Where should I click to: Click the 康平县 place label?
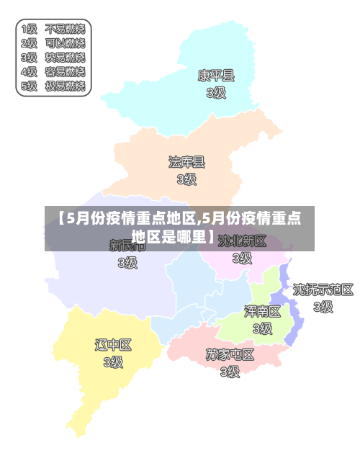(216, 75)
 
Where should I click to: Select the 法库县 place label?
(186, 162)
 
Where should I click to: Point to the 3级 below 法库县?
(186, 179)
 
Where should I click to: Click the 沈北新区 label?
(243, 241)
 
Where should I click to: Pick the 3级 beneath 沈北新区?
(243, 257)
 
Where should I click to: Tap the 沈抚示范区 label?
(323, 289)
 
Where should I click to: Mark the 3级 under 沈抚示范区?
(323, 307)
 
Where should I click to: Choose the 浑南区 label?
(262, 311)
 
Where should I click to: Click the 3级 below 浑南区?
(262, 328)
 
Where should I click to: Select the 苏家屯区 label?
(230, 354)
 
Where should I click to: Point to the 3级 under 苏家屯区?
(230, 372)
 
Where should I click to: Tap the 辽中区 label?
(113, 345)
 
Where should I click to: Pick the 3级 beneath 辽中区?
(113, 362)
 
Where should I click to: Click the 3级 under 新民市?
(127, 263)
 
